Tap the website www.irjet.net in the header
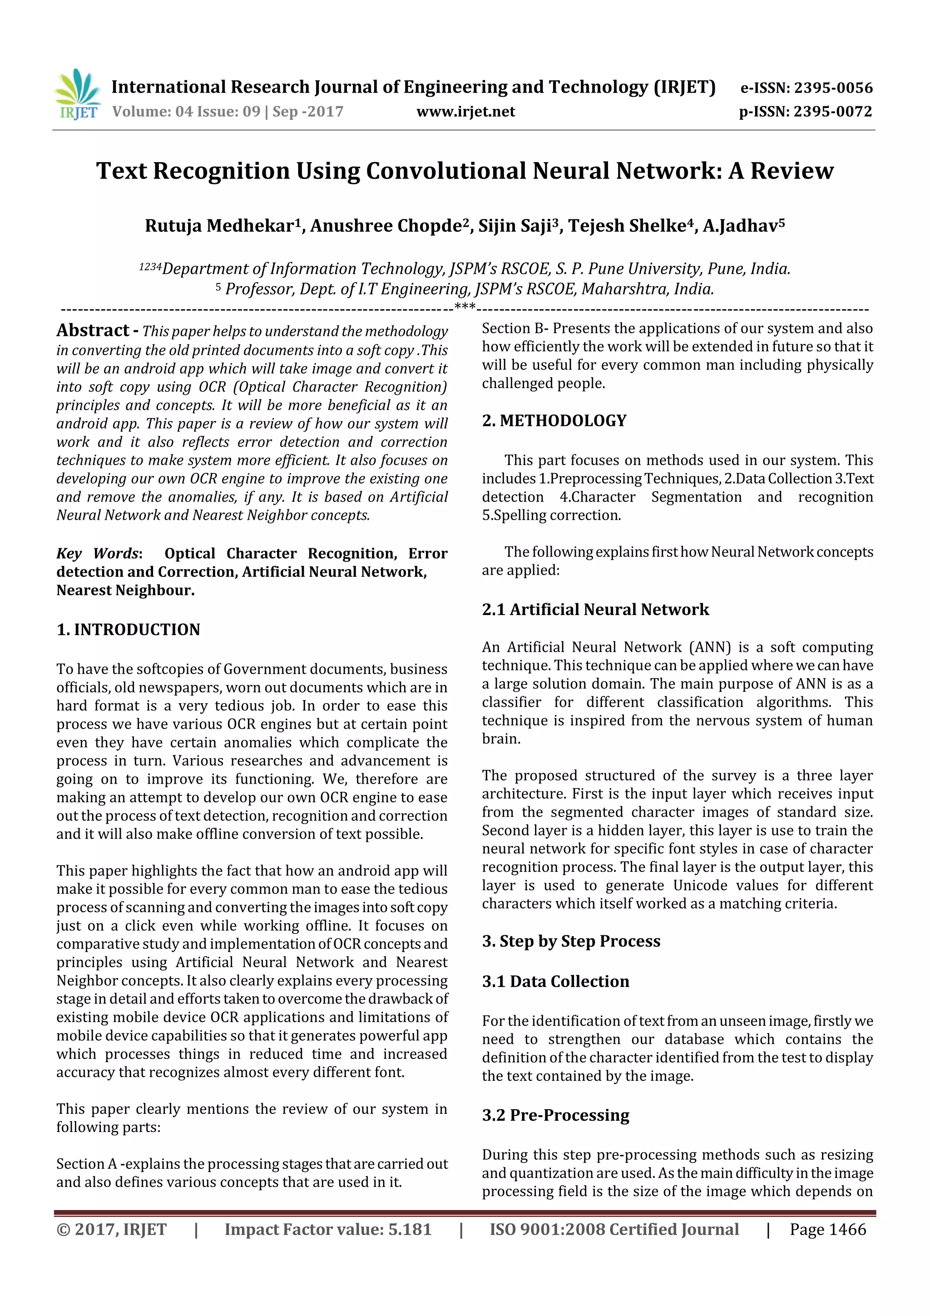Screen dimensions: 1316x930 tap(465, 112)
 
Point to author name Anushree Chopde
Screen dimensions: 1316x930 tap(386, 226)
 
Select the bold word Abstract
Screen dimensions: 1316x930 tap(93, 330)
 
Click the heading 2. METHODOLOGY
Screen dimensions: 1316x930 tap(554, 421)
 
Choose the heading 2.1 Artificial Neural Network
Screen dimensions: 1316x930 tap(595, 609)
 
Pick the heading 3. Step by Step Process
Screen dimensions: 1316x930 tap(571, 941)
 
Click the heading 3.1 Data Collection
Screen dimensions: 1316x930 tap(555, 981)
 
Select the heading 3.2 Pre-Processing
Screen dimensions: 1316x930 tap(555, 1115)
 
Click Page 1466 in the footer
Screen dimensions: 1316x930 tap(827, 1229)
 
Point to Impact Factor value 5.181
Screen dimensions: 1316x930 tap(328, 1229)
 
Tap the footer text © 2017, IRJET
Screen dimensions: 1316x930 tap(111, 1229)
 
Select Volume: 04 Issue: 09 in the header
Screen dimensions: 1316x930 tap(186, 112)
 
